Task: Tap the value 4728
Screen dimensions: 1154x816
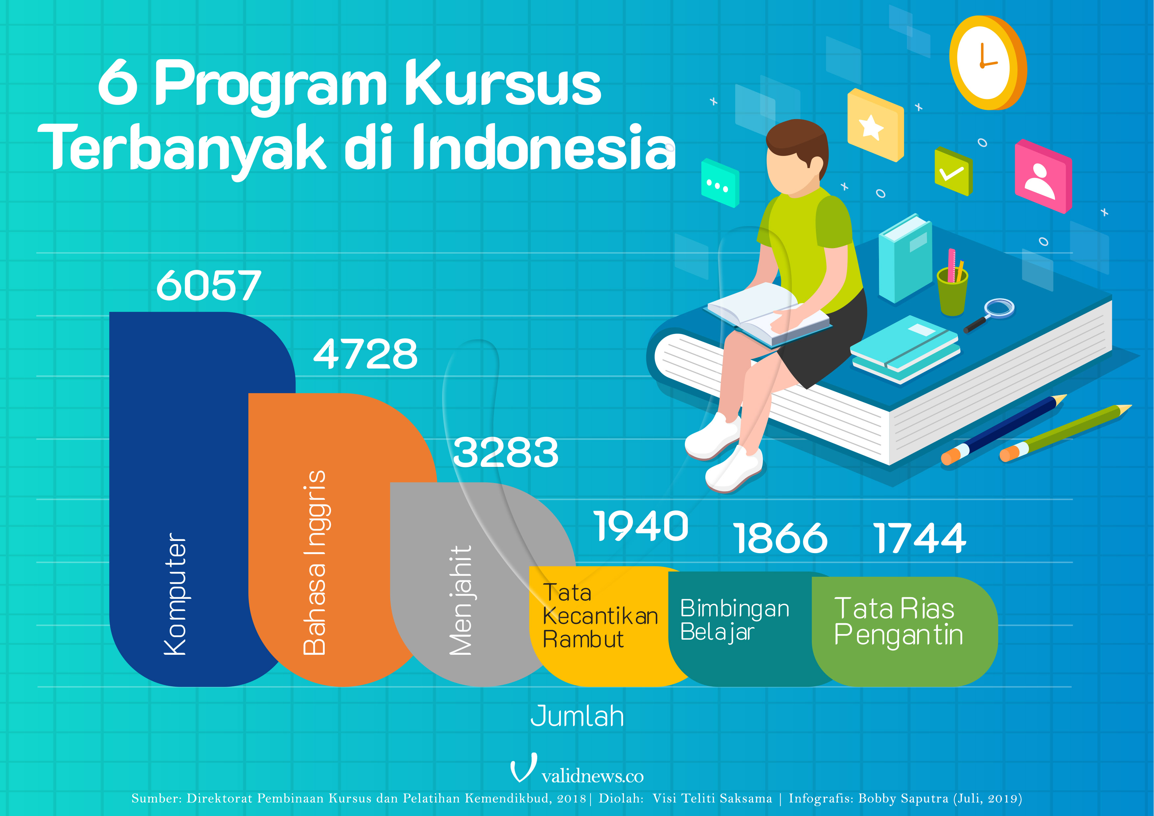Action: click(365, 354)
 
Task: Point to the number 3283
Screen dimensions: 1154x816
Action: click(506, 452)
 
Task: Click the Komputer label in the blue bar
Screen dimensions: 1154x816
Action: click(175, 594)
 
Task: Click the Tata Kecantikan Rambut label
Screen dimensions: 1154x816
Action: click(600, 616)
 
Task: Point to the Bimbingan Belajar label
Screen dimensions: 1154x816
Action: click(734, 620)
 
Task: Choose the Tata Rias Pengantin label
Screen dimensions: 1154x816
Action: click(898, 622)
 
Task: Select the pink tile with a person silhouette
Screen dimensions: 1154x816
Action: click(1043, 176)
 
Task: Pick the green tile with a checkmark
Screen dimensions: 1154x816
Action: click(953, 171)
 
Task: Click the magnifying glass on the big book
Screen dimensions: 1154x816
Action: click(989, 315)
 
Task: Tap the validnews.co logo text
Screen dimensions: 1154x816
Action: click(592, 776)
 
